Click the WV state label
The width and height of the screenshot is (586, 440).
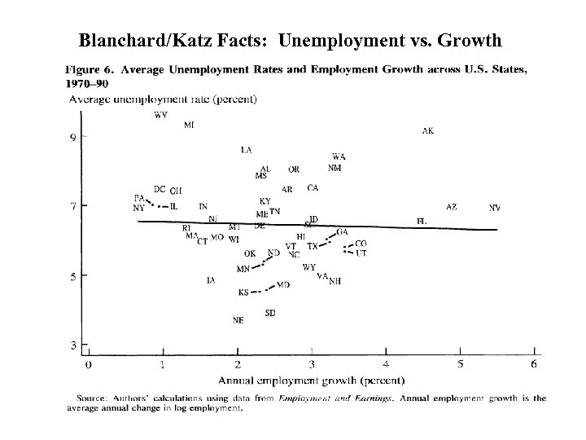click(x=160, y=116)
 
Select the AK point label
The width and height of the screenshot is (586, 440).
click(x=428, y=131)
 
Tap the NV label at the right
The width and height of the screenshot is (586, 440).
click(x=495, y=208)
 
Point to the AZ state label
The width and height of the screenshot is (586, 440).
click(x=452, y=207)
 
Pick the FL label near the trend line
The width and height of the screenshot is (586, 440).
click(x=421, y=221)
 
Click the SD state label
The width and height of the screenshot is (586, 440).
click(x=269, y=313)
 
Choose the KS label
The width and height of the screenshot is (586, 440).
click(x=243, y=293)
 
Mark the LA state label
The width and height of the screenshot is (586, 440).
click(x=246, y=150)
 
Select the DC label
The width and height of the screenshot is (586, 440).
click(x=160, y=189)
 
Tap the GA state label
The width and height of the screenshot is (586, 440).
click(x=342, y=232)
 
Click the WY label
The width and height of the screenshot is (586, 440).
click(x=308, y=267)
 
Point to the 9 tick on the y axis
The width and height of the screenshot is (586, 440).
click(x=72, y=137)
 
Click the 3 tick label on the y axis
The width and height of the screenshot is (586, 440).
click(x=72, y=345)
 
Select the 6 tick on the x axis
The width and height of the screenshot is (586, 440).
click(x=534, y=364)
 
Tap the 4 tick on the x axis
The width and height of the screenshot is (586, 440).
click(x=386, y=364)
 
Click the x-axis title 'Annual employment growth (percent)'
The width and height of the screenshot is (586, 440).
click(x=312, y=380)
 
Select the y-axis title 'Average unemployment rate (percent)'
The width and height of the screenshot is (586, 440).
click(x=163, y=99)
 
